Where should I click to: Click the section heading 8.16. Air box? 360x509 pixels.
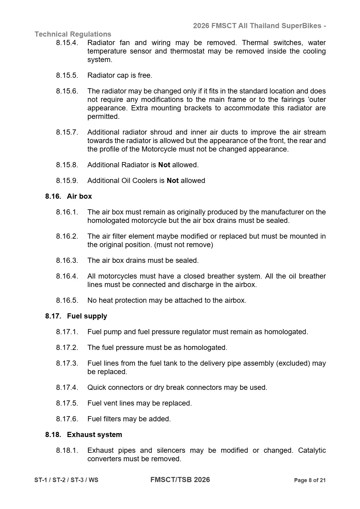69,196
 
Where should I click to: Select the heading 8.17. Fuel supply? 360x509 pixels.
76,316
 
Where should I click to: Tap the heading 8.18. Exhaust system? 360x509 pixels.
84,435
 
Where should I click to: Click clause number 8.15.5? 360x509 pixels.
67,75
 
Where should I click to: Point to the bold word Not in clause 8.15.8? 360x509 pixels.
164,165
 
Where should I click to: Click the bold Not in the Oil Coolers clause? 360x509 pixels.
173,181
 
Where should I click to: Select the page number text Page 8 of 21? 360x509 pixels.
310,480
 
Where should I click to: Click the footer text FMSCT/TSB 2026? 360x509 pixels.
180,480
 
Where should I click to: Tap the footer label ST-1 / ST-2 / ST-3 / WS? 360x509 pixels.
66,480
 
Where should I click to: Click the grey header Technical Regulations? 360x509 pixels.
73,34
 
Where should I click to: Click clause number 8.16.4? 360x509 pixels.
67,276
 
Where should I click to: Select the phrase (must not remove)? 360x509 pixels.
184,245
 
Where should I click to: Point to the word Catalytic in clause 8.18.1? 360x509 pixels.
312,450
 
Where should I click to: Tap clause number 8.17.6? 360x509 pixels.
67,419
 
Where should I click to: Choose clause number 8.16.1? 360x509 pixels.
67,212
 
